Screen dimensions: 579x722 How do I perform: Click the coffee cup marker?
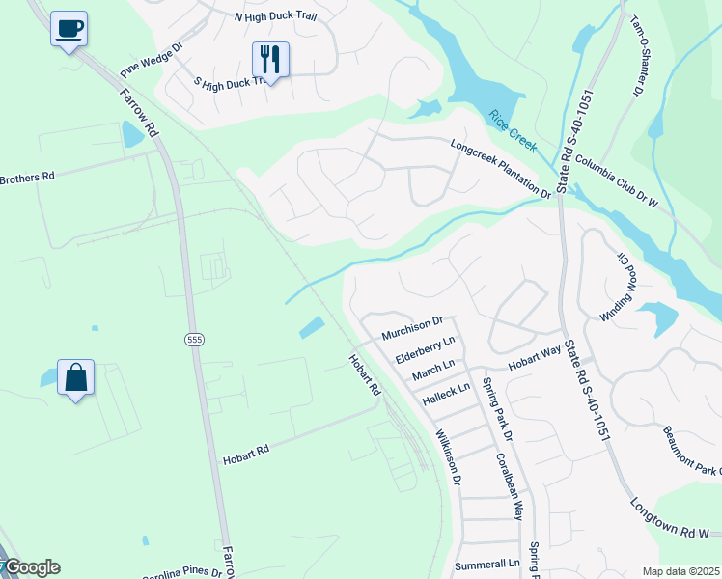point(69,29)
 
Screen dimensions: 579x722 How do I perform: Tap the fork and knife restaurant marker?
point(270,60)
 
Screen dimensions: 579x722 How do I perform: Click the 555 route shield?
point(193,339)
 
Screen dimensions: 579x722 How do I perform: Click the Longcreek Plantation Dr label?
point(500,169)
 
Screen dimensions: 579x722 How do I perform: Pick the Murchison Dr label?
point(411,328)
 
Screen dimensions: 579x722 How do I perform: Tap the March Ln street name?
point(432,370)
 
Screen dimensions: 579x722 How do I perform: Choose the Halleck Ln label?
point(445,393)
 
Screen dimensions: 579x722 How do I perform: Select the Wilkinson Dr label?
point(449,456)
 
